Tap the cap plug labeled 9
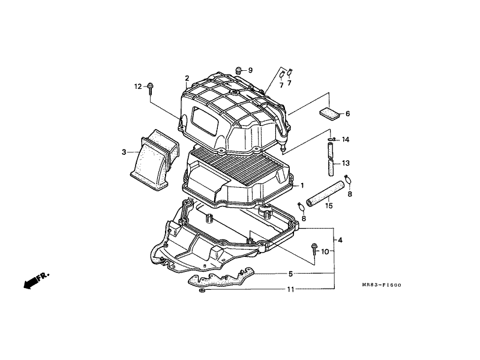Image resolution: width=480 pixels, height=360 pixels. coord(238,70)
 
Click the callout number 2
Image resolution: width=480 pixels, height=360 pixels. coord(187,78)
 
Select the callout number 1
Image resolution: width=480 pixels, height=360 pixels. coord(302,185)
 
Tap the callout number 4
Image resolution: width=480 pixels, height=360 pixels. coord(340,241)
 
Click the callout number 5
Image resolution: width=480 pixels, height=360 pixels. coord(290,274)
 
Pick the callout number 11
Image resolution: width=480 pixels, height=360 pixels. coord(290,289)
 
